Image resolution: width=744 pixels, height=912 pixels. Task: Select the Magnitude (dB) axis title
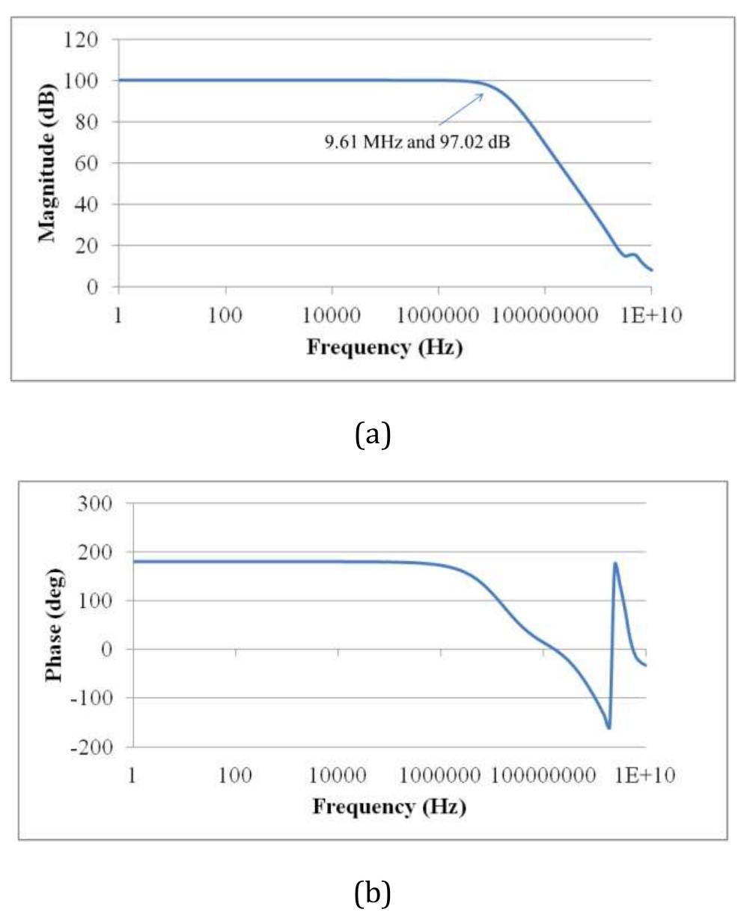(x=48, y=162)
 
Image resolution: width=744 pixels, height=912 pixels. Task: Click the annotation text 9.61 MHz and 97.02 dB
(x=417, y=141)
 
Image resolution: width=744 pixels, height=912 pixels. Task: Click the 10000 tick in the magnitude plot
(x=332, y=315)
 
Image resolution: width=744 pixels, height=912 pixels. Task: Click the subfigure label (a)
(x=372, y=434)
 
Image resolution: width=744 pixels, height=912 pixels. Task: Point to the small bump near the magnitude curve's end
(x=634, y=255)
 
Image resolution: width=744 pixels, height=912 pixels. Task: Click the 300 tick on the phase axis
(x=95, y=503)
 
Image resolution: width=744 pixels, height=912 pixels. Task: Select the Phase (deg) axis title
(x=55, y=624)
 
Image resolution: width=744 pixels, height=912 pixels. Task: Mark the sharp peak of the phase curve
(x=615, y=563)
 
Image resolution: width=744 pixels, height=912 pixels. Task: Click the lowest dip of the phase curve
(x=609, y=727)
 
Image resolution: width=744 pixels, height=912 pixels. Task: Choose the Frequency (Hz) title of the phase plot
(x=389, y=806)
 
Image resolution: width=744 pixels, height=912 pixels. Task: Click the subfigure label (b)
(x=372, y=893)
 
